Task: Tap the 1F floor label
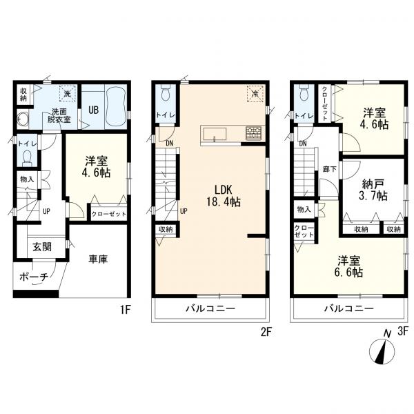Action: pos(126,310)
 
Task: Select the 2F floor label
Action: pos(266,332)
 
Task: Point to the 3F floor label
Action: pos(403,331)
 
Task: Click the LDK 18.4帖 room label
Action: pos(224,196)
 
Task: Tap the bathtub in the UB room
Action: pos(115,107)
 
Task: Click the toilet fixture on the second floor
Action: pos(166,92)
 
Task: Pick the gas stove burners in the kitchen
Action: pos(253,132)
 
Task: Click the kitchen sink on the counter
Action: pos(215,135)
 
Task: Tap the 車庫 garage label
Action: pos(98,259)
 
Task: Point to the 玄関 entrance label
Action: pos(42,247)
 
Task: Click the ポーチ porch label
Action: pos(34,277)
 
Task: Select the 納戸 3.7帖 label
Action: pos(373,189)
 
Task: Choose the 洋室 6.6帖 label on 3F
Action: pos(348,266)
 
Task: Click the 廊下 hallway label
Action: pos(330,169)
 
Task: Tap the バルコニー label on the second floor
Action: pos(210,308)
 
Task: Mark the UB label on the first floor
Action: pos(93,110)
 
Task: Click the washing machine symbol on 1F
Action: pos(68,93)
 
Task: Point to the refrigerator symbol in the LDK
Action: pos(255,93)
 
